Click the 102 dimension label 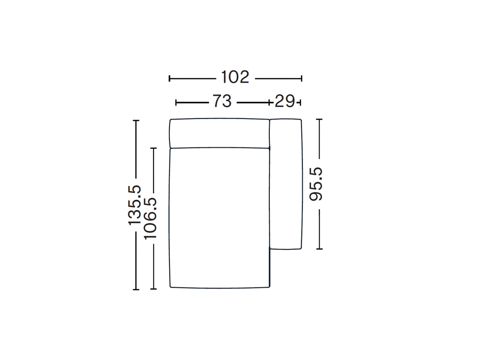point(235,77)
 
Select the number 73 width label point(222,101)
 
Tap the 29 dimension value point(285,101)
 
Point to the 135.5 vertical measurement point(134,205)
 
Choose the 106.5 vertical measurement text point(150,218)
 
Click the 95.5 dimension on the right point(316,184)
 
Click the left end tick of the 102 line point(169,78)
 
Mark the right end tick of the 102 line point(302,78)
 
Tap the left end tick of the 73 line point(176,103)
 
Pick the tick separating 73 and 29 point(269,103)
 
